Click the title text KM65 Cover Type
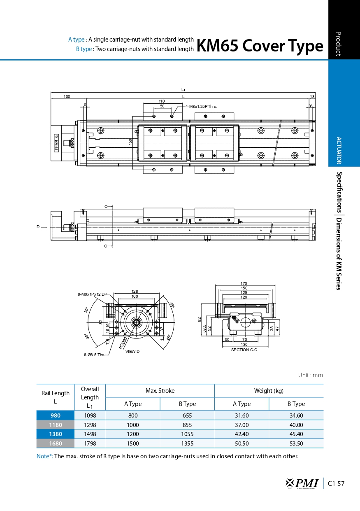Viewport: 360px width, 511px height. click(260, 46)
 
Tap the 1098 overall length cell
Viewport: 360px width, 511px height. click(90, 415)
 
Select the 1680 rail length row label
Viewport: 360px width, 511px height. click(55, 443)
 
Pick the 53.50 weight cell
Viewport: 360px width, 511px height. click(296, 443)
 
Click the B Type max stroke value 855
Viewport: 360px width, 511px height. click(187, 425)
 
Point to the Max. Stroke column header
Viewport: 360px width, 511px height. click(160, 391)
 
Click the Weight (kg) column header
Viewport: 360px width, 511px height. click(269, 391)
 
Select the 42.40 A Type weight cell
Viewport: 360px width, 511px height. click(242, 434)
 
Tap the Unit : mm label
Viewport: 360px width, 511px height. click(311, 375)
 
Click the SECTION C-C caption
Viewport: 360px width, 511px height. click(244, 350)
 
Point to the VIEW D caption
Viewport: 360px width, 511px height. click(132, 351)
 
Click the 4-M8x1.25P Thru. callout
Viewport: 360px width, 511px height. click(201, 106)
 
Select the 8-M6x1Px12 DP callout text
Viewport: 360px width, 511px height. click(92, 294)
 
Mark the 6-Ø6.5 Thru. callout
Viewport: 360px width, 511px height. click(95, 355)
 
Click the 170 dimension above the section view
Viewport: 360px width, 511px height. click(244, 283)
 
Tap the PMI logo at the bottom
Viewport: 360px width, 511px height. click(302, 483)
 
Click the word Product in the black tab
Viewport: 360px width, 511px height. click(339, 43)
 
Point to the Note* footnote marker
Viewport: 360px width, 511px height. click(44, 456)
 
